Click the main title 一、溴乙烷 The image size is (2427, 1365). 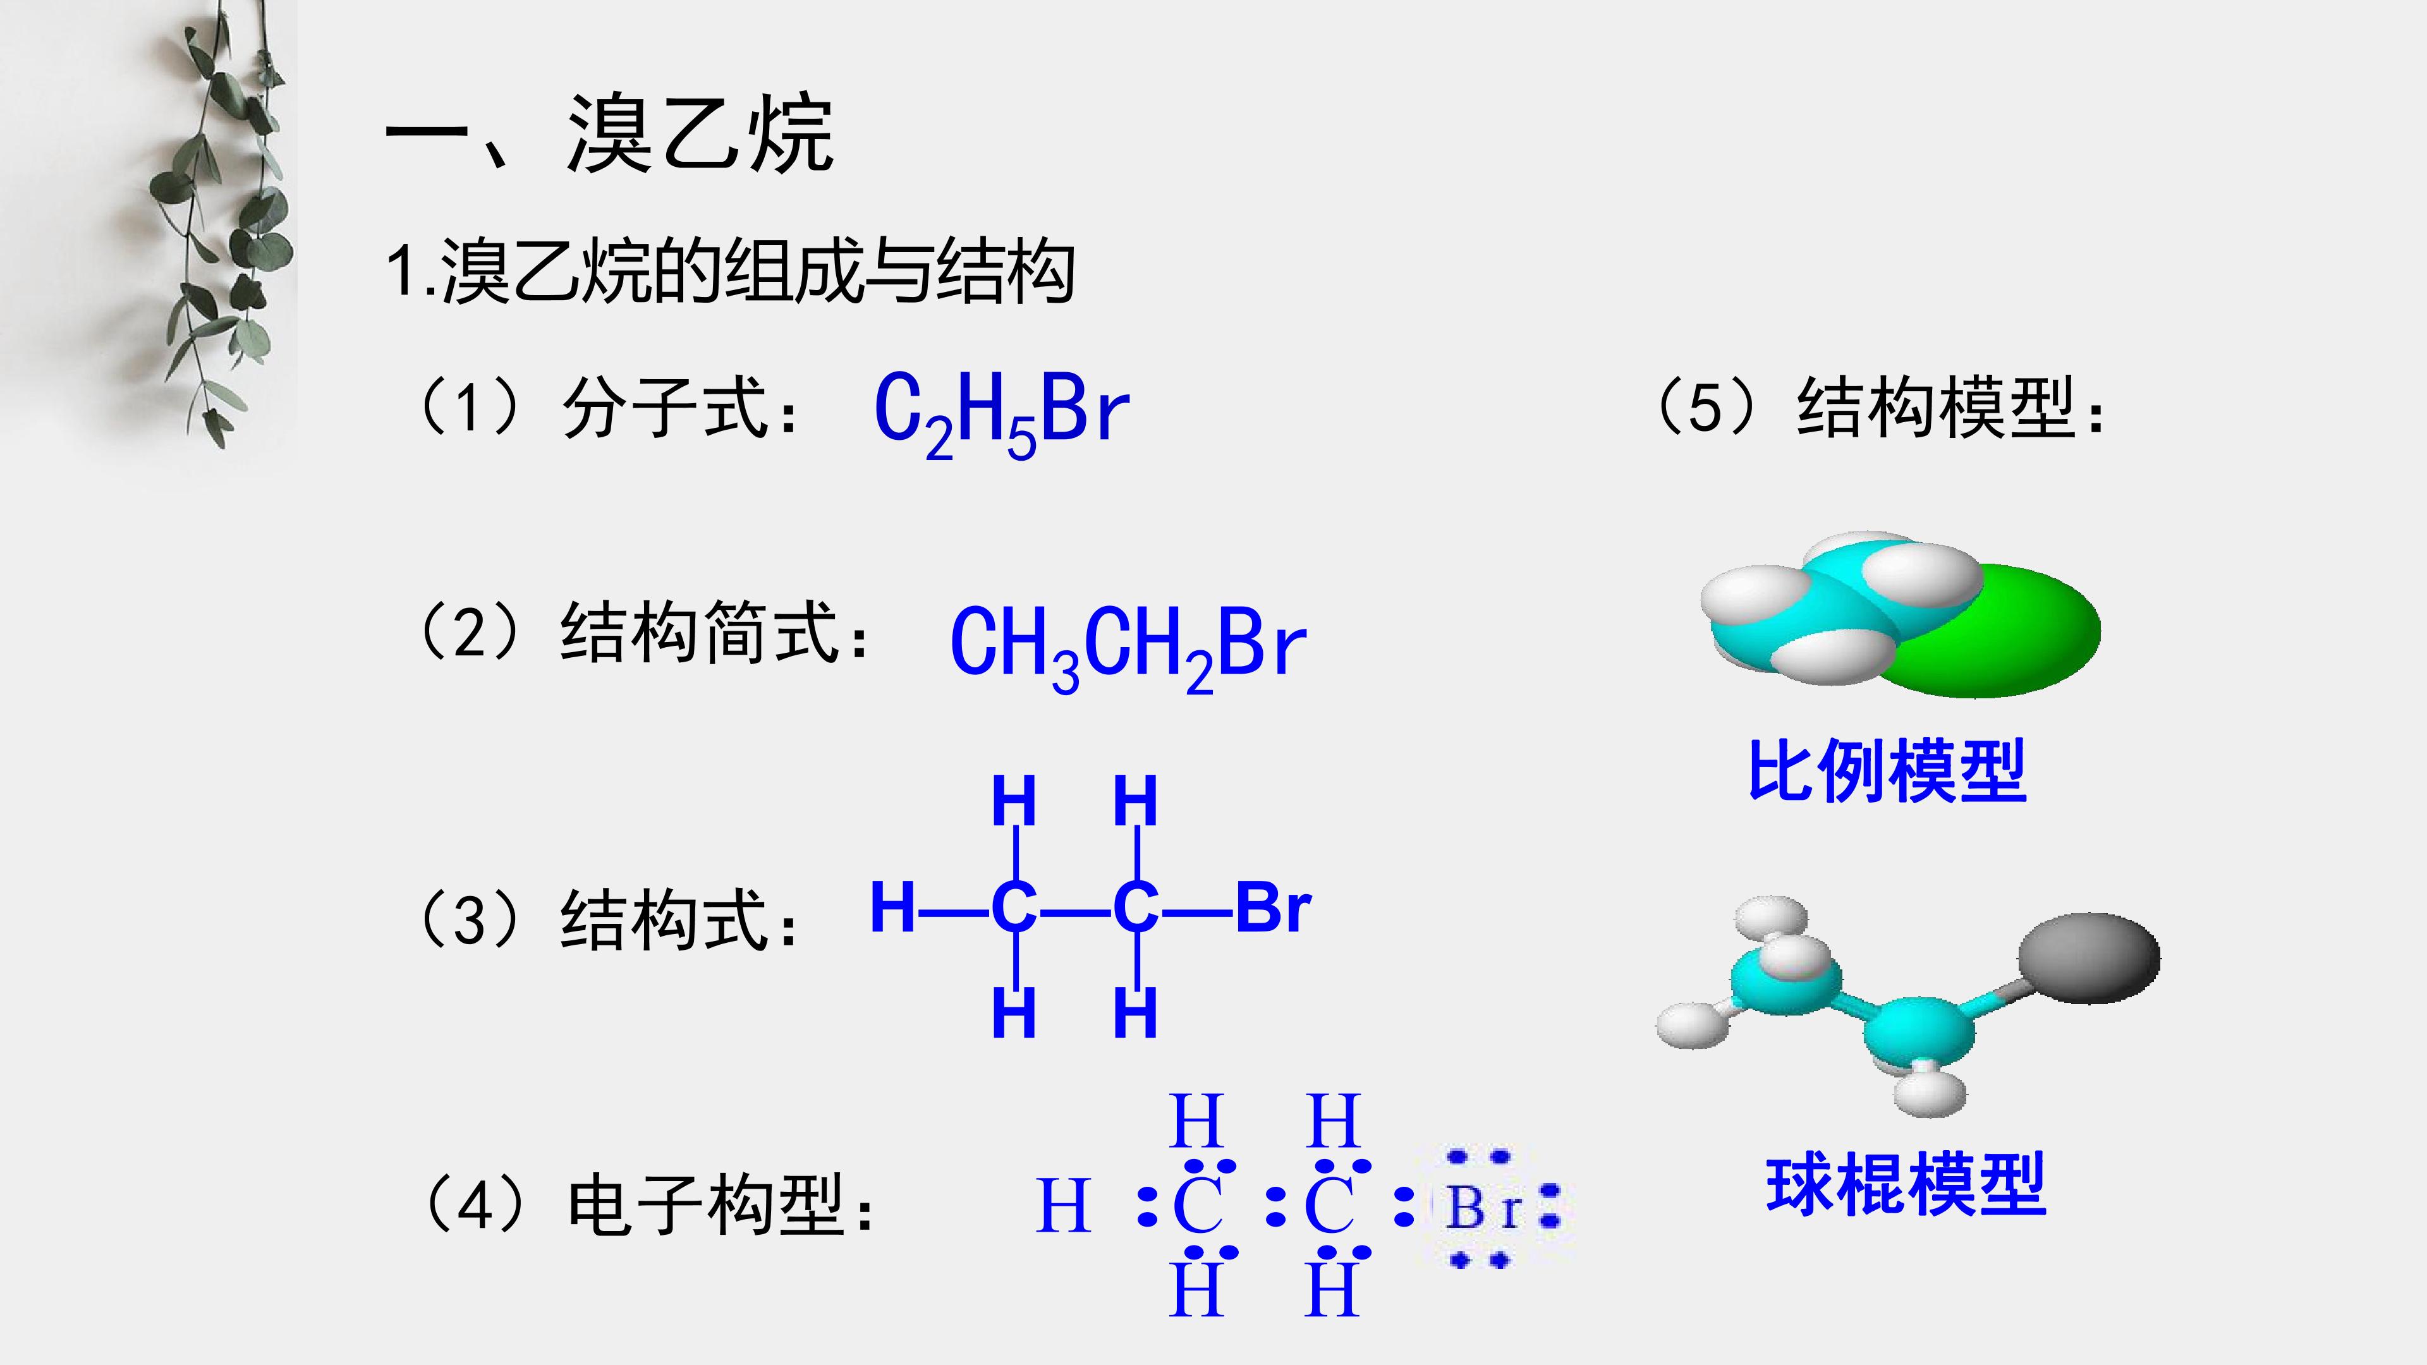[x=609, y=134]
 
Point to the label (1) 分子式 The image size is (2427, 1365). [x=607, y=407]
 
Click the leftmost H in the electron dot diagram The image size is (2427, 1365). [x=1064, y=1205]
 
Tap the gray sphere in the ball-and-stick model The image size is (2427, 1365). [x=2089, y=957]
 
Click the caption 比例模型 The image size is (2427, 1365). [x=1887, y=770]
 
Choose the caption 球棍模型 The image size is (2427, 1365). [x=1906, y=1184]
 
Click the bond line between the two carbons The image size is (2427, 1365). [x=1075, y=911]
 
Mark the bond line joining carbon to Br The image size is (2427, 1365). [x=1196, y=911]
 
